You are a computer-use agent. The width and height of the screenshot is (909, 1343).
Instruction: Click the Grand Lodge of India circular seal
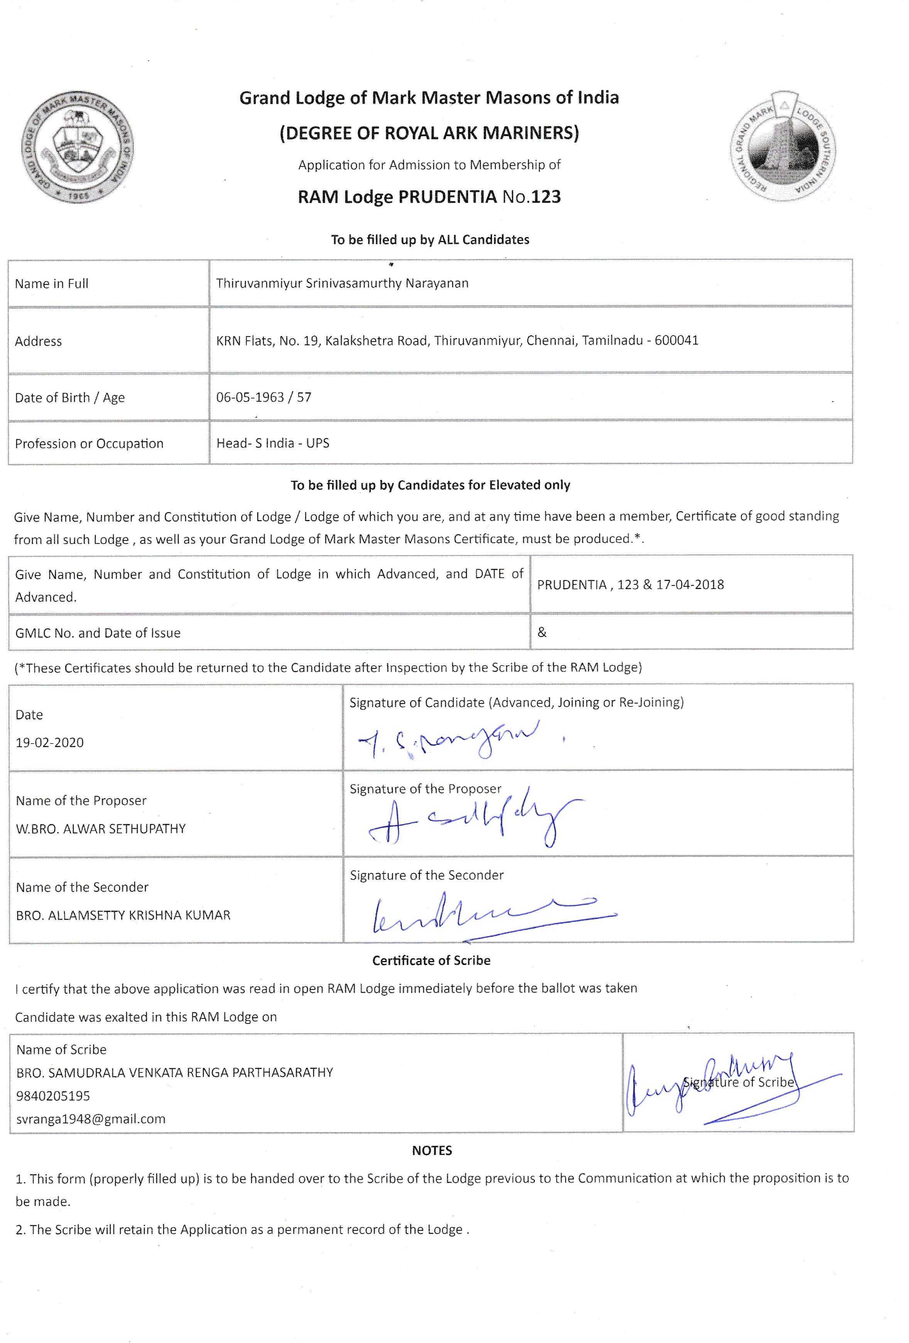[x=77, y=147]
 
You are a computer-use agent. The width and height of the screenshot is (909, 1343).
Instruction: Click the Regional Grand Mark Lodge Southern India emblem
[x=782, y=147]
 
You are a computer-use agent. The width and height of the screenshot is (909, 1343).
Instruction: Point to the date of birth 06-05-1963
[x=250, y=397]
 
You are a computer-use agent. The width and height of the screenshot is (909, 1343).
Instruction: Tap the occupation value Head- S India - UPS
[x=272, y=443]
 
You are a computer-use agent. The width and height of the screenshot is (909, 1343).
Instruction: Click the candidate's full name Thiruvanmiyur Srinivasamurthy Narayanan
[x=342, y=283]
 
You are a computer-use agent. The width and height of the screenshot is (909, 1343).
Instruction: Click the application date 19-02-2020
[x=50, y=742]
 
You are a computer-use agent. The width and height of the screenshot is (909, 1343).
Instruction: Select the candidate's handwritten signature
[x=449, y=740]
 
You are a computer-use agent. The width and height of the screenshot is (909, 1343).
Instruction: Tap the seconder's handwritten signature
[x=492, y=913]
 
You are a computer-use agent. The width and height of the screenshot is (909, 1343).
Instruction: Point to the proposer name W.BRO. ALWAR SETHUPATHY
[x=101, y=829]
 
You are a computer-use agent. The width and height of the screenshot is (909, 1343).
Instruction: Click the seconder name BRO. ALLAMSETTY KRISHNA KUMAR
[x=123, y=915]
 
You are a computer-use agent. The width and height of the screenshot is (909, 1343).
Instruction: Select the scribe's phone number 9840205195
[x=53, y=1096]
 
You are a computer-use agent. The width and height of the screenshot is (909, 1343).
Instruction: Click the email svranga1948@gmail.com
[x=91, y=1119]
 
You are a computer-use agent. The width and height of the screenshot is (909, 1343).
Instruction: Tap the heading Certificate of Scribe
[x=431, y=961]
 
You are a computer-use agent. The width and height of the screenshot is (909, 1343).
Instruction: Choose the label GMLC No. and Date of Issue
[x=98, y=633]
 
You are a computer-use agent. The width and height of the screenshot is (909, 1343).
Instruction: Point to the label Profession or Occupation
[x=89, y=444]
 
